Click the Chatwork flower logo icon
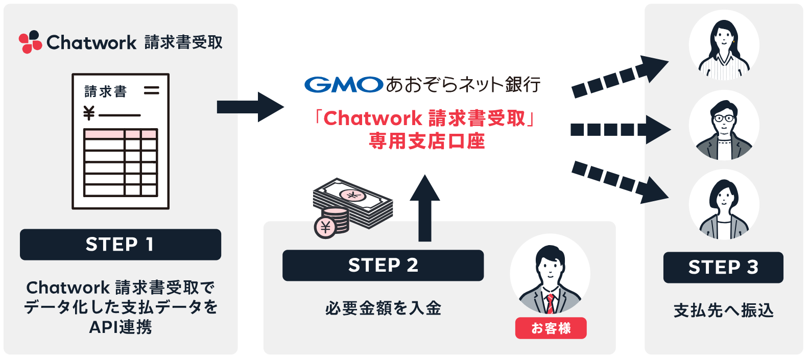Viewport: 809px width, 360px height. click(30, 42)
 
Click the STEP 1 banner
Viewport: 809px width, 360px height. click(121, 245)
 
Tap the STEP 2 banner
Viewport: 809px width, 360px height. click(383, 265)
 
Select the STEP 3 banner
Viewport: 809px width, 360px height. click(723, 267)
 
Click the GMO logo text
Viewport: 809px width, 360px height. click(343, 84)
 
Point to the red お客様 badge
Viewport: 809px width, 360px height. click(551, 328)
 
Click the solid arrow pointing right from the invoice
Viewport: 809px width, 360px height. click(250, 107)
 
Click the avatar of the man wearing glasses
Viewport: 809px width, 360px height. click(724, 126)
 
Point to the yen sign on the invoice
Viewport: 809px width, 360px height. click(89, 113)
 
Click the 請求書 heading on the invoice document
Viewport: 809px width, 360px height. click(106, 92)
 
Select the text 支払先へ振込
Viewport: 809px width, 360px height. click(723, 310)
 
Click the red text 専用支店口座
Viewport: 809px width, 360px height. click(426, 141)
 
